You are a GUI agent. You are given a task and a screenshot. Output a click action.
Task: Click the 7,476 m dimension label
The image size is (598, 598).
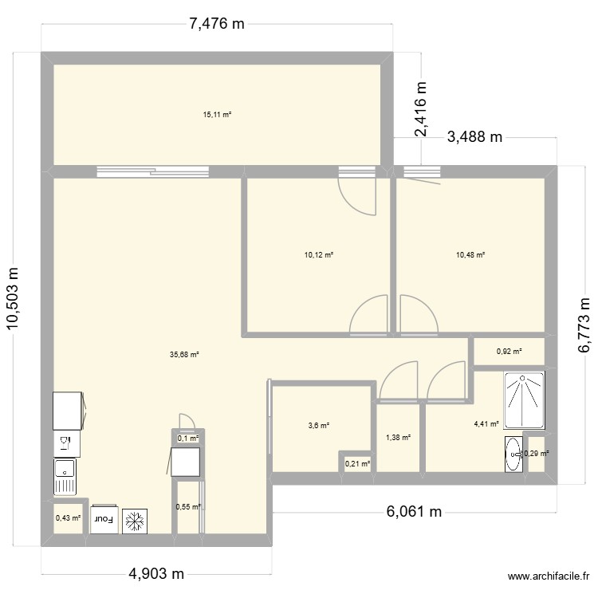tap(216, 24)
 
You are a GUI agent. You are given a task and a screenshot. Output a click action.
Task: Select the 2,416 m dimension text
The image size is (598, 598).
tap(420, 109)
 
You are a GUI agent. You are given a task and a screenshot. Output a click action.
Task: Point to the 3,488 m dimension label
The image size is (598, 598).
tap(475, 137)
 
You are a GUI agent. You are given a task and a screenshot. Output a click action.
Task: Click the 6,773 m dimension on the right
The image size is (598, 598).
tap(584, 325)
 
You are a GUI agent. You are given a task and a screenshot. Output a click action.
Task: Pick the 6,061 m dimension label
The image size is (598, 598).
tap(414, 511)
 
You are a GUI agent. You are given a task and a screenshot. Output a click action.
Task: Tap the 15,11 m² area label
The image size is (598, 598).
tap(217, 115)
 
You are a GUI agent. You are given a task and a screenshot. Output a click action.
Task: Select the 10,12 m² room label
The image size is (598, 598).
tap(318, 255)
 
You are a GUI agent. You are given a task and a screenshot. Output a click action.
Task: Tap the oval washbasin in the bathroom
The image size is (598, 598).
tap(513, 454)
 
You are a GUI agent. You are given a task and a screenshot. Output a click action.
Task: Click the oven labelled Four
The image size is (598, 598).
tap(104, 520)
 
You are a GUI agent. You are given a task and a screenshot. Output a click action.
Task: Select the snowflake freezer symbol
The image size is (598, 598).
tap(135, 520)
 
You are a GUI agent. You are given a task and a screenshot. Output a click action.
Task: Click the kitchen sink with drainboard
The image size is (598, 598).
tap(65, 476)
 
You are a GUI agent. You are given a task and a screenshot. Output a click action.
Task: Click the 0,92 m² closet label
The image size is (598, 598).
tap(509, 351)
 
